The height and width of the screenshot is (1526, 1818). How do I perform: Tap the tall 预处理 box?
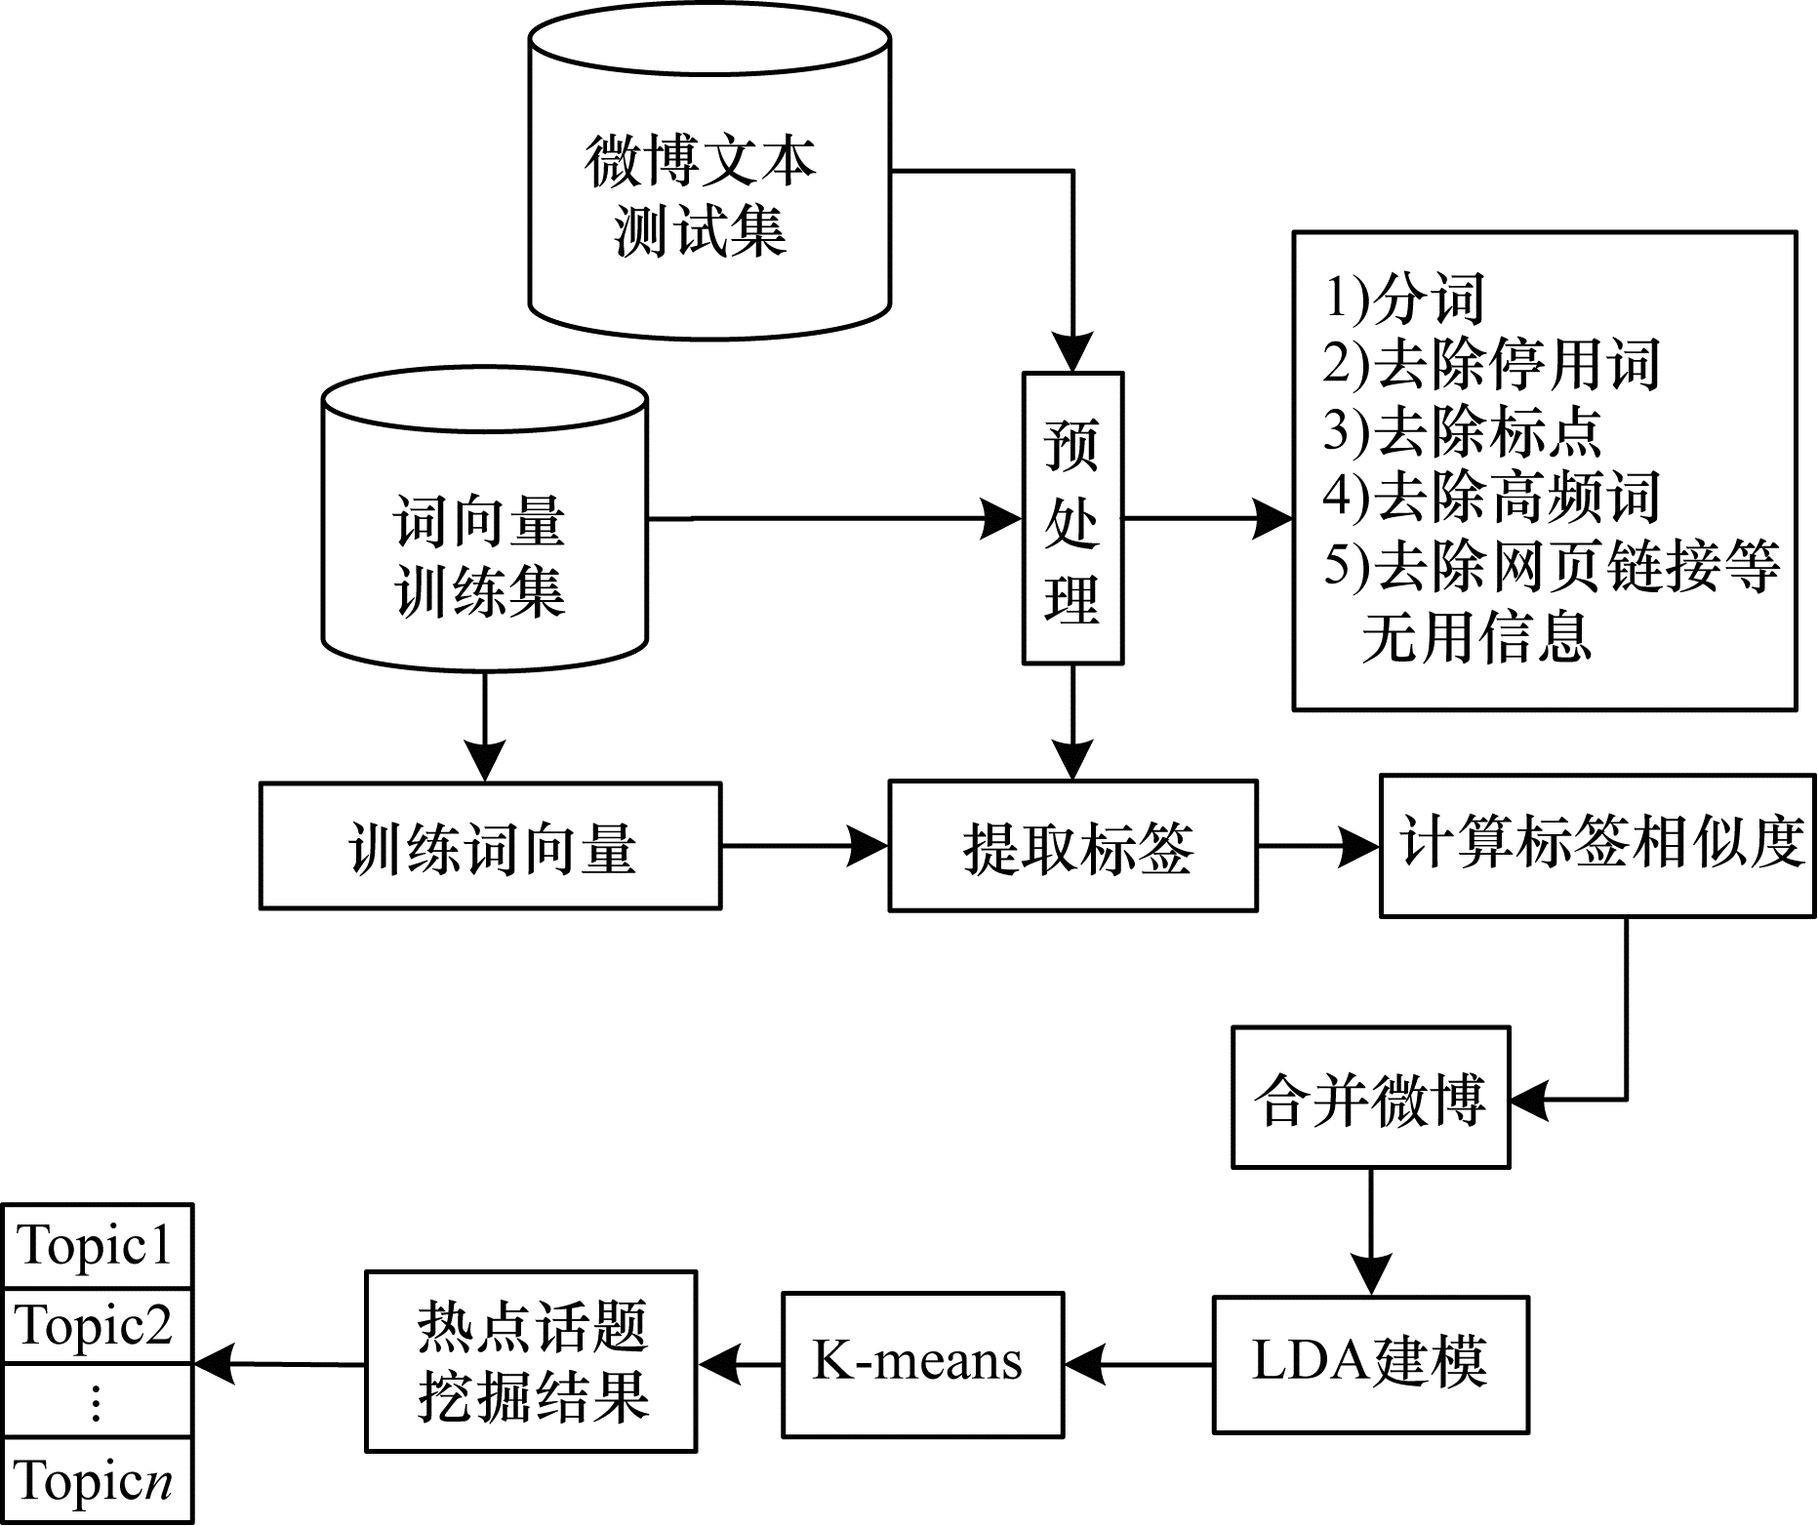[1072, 518]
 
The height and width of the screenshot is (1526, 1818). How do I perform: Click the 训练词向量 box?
[490, 846]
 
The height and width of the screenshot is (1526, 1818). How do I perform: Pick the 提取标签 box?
[1072, 846]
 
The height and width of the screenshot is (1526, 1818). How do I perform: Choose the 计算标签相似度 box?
[1597, 846]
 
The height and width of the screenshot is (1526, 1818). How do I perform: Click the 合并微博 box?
[1370, 1098]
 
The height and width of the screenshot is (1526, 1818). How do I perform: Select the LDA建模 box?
[1370, 1364]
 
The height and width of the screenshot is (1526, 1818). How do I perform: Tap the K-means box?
[922, 1364]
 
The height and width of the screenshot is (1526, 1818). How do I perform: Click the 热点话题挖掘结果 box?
[531, 1362]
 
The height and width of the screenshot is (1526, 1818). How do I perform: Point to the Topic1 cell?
[98, 1246]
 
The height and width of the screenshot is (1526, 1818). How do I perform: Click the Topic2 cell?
[98, 1326]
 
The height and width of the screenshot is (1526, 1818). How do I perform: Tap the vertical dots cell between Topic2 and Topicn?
[98, 1401]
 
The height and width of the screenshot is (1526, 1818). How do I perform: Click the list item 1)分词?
[1404, 298]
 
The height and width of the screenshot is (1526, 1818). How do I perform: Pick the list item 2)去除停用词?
[1491, 364]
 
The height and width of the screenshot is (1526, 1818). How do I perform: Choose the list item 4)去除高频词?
[1491, 497]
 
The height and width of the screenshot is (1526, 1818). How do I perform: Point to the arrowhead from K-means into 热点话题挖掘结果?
[719, 1364]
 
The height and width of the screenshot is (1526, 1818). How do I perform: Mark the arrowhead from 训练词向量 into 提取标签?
[869, 846]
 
